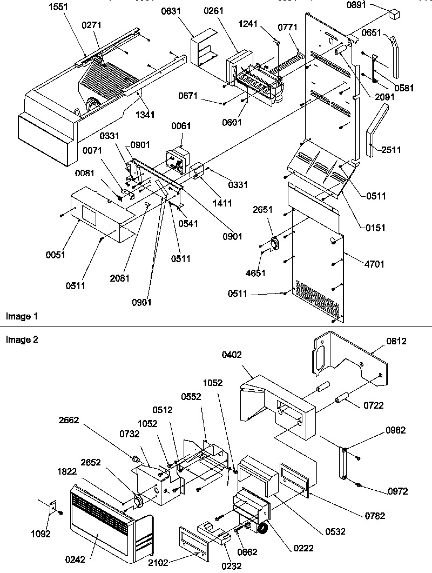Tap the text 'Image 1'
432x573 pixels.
click(18, 316)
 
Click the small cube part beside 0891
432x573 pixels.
click(396, 11)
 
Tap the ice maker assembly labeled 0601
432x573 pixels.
click(259, 84)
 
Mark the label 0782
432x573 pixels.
click(375, 516)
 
